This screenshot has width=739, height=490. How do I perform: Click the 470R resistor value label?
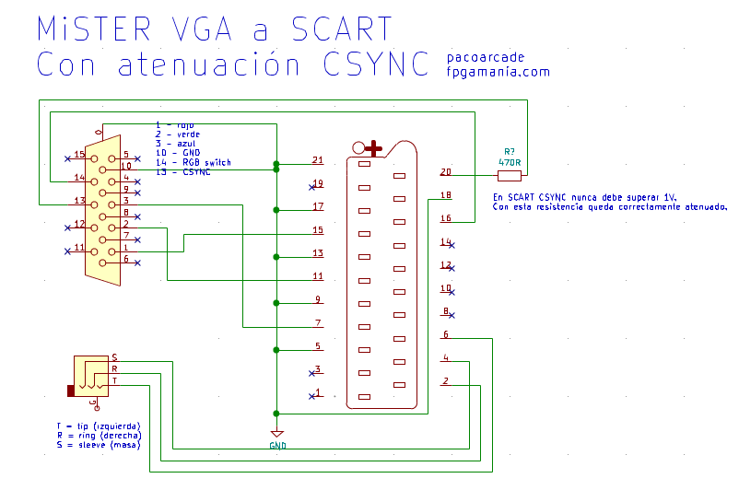[x=510, y=163]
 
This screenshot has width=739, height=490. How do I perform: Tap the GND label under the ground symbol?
[x=277, y=446]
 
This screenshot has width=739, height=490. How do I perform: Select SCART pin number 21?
[x=317, y=160]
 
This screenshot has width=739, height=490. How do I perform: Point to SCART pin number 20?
[x=446, y=172]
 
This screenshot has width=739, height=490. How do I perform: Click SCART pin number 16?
[x=446, y=218]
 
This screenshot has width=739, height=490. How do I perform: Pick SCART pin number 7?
[x=317, y=323]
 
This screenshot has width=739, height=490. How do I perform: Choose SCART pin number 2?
[x=446, y=380]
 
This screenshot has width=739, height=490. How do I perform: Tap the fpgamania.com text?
[x=498, y=72]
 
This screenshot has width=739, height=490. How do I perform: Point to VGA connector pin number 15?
[x=79, y=155]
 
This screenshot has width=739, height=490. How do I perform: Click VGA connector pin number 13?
[x=79, y=201]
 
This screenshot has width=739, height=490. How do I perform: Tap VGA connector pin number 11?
[x=79, y=248]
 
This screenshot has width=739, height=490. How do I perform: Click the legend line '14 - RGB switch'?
[x=194, y=163]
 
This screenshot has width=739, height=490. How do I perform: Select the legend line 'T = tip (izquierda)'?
[x=98, y=426]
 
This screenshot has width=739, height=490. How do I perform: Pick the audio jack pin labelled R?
[x=114, y=368]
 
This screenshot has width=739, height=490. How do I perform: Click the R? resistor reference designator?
[x=510, y=152]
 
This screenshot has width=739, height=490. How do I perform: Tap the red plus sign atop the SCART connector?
[x=373, y=146]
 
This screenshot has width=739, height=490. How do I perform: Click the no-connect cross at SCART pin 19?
[x=311, y=187]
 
